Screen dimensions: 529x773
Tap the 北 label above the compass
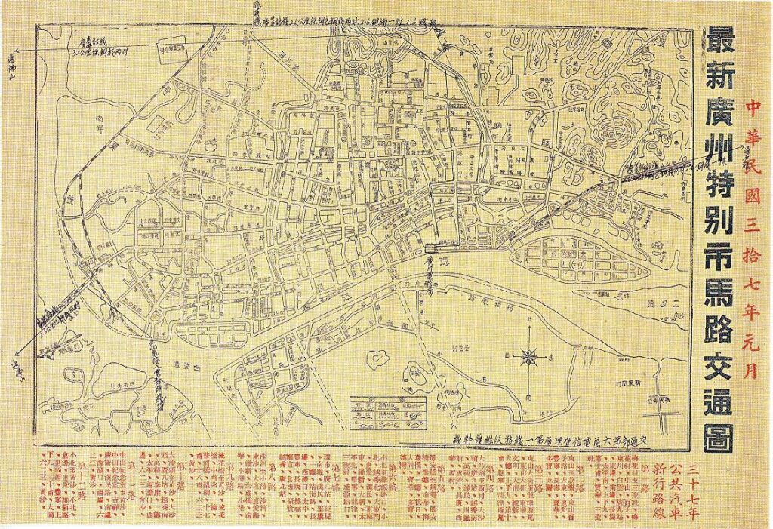click(x=528, y=316)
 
